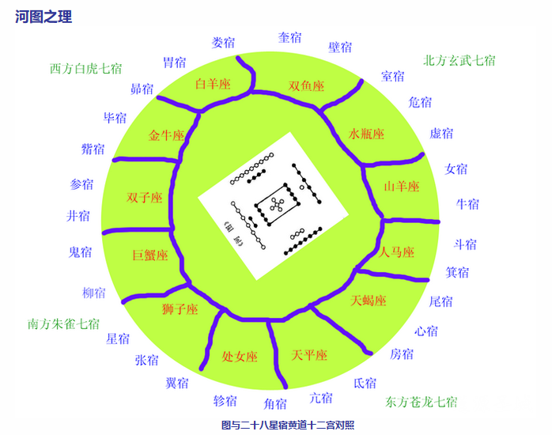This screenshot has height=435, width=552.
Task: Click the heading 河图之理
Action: (x=43, y=17)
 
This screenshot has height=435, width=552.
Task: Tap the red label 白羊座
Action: (x=212, y=83)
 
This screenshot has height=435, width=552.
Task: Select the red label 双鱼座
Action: (x=306, y=85)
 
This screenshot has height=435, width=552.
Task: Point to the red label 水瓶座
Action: (x=366, y=134)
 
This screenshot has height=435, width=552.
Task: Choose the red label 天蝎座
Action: (x=369, y=301)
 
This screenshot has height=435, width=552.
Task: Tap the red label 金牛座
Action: (x=167, y=135)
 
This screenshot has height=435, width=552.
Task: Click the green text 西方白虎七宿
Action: (x=85, y=69)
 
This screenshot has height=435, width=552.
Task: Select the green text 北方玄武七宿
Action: (x=459, y=61)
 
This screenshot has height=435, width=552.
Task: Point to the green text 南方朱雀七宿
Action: (x=63, y=324)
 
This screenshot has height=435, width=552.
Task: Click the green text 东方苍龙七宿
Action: (x=422, y=402)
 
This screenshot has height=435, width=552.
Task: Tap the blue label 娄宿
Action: (x=224, y=43)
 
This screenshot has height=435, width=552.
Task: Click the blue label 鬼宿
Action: (x=80, y=252)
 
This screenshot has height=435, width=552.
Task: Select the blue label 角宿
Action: (x=275, y=404)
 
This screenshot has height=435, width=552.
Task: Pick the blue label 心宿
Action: (x=425, y=331)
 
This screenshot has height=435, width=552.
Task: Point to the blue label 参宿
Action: (x=81, y=184)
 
